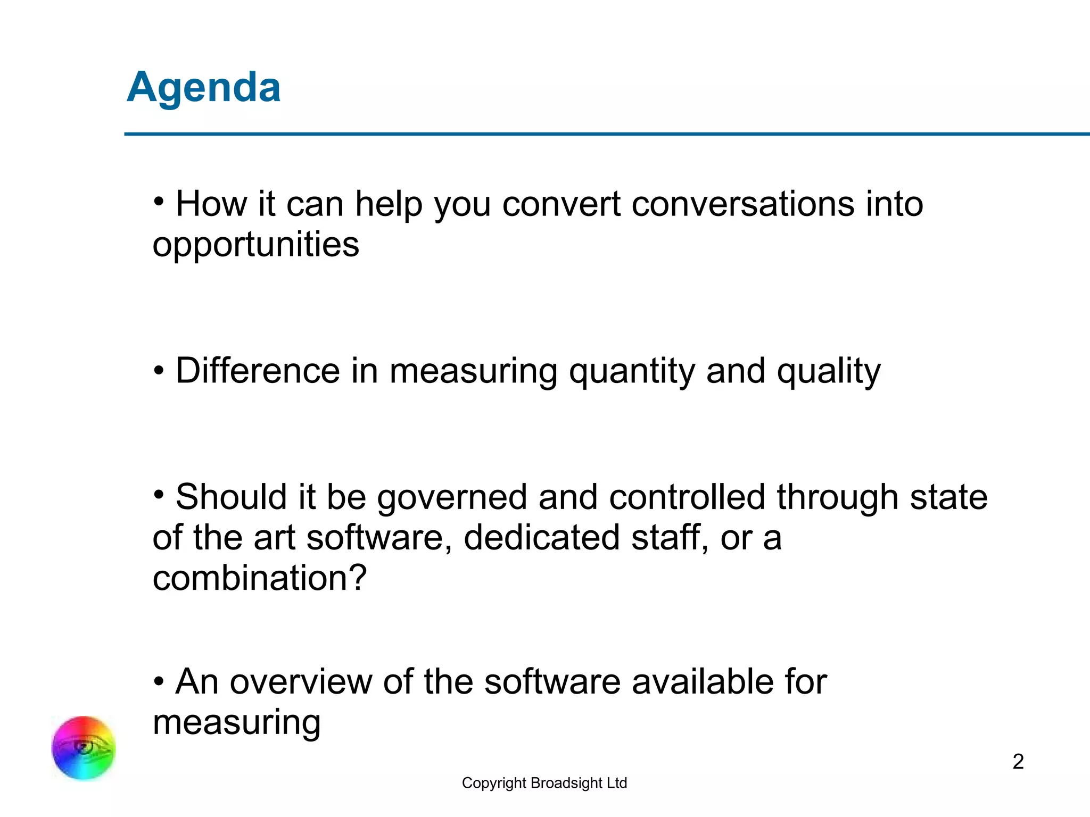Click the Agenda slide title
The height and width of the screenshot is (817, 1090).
tap(203, 88)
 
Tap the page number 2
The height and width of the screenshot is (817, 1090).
tap(1018, 762)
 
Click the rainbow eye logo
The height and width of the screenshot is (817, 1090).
tap(84, 748)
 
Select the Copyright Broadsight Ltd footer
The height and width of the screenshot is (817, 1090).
tap(544, 783)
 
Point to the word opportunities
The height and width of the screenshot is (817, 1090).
tap(255, 245)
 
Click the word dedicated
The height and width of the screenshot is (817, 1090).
tap(541, 537)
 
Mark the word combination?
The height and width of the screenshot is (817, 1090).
tap(260, 578)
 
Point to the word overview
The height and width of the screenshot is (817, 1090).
tap(301, 681)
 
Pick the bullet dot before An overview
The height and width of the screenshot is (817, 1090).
tap(158, 681)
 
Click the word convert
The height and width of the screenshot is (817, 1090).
tap(561, 204)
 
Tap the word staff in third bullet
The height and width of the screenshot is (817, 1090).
tap(669, 537)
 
